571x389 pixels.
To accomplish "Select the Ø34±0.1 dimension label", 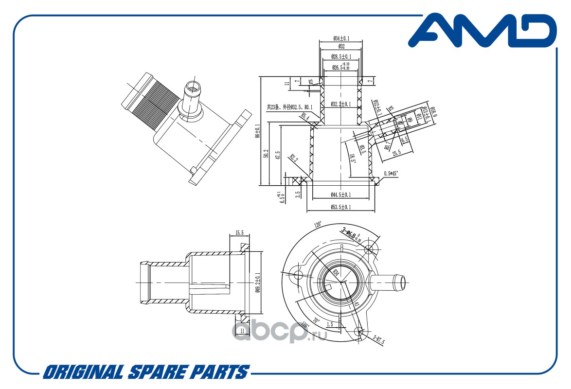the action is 341,38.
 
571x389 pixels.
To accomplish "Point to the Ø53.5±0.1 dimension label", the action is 341,208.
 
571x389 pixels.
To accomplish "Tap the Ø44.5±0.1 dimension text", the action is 341,194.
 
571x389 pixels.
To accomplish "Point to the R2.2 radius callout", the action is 293,158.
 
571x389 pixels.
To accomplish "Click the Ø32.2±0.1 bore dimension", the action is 341,104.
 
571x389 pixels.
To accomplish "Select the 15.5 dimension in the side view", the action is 239,233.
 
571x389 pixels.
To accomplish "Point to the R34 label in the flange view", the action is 335,273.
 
